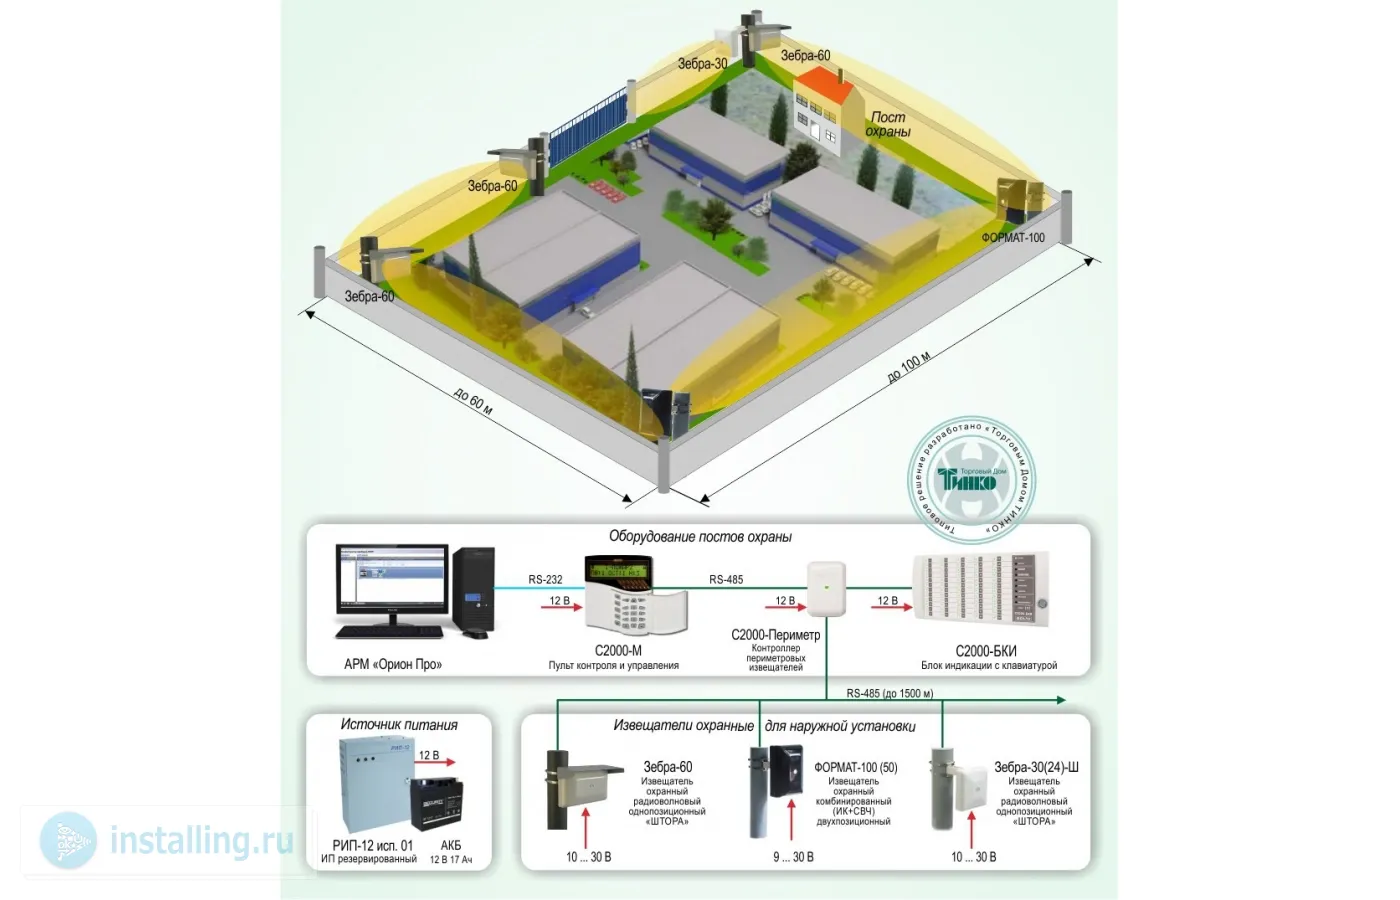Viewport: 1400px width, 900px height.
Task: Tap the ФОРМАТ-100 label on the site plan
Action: coord(1012,238)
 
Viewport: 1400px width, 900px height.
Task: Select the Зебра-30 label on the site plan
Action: coord(702,64)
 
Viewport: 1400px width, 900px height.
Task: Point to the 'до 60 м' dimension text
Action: coord(473,402)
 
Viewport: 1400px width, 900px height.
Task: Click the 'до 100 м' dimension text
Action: coord(909,367)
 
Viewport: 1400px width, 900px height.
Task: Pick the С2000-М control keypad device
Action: coord(634,597)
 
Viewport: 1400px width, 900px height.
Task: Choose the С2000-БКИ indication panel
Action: coord(981,591)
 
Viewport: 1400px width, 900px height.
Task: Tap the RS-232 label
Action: coord(545,580)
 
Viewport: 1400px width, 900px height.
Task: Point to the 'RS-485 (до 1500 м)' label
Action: coord(889,693)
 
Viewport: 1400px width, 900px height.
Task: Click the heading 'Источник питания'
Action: coord(399,725)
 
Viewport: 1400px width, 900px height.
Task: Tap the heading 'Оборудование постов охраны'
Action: coord(700,537)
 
